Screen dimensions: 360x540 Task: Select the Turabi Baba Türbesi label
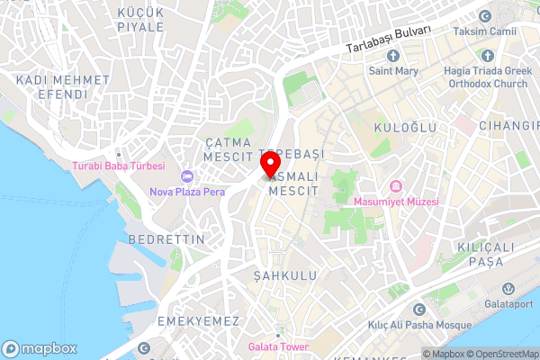[x=119, y=166]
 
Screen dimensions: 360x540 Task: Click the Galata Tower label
[x=278, y=347]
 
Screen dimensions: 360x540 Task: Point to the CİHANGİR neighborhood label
[x=508, y=125]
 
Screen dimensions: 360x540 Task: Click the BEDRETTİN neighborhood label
[x=166, y=239]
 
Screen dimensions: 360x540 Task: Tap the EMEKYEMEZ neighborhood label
[x=197, y=321]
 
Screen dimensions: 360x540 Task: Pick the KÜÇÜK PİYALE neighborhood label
[x=140, y=19]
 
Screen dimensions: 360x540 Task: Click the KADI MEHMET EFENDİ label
[x=63, y=86]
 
